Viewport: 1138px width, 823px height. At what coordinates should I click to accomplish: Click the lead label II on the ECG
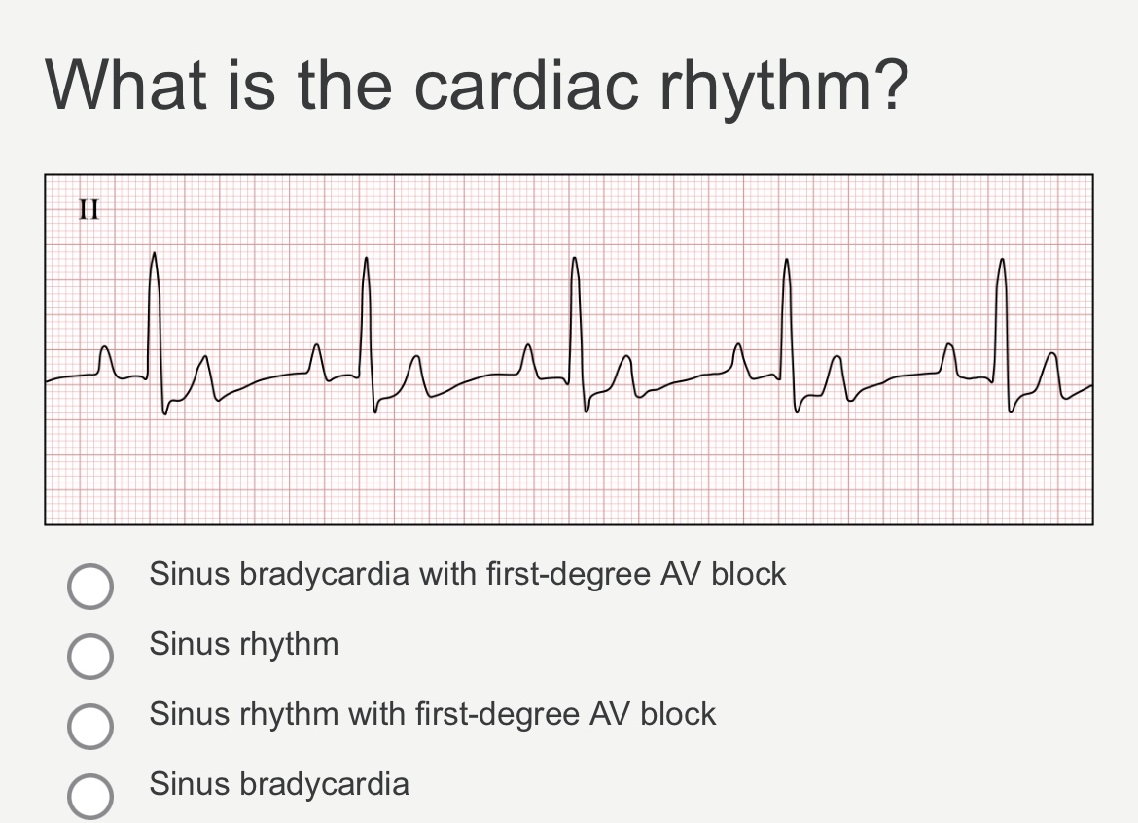pyautogui.click(x=89, y=209)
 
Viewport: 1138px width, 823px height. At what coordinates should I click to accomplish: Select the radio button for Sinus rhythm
pyautogui.click(x=90, y=656)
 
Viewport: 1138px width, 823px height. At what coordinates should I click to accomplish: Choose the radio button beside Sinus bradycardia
pyautogui.click(x=90, y=796)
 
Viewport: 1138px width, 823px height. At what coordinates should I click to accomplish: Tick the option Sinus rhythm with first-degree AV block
pyautogui.click(x=90, y=726)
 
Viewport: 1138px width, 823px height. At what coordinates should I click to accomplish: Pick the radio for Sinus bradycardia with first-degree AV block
pyautogui.click(x=90, y=586)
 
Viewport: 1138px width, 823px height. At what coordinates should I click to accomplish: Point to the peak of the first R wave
pyautogui.click(x=154, y=253)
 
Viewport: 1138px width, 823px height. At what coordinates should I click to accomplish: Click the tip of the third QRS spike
pyautogui.click(x=574, y=258)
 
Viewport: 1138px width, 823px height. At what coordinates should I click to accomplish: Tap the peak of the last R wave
pyautogui.click(x=1002, y=259)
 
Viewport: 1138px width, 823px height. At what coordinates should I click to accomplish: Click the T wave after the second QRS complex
pyautogui.click(x=416, y=375)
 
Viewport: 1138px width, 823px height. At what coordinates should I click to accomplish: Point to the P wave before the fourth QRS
pyautogui.click(x=737, y=359)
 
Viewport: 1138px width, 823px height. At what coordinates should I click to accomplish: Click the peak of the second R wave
pyautogui.click(x=366, y=258)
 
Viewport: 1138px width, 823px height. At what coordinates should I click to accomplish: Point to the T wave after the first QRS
pyautogui.click(x=205, y=376)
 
